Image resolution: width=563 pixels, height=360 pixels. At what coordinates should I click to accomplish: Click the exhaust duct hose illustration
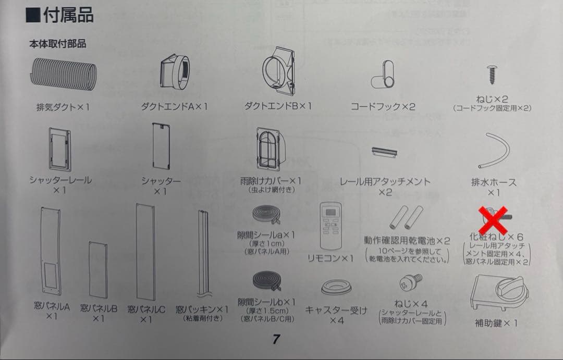click(x=63, y=75)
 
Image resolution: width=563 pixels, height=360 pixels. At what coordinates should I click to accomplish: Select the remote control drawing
click(x=331, y=226)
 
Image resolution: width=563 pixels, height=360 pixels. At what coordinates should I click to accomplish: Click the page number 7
click(x=276, y=339)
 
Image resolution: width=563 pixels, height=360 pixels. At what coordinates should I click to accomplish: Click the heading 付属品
click(x=68, y=15)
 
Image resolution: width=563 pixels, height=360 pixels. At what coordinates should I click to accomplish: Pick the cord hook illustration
click(x=383, y=75)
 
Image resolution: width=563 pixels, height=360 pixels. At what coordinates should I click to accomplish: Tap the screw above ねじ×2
click(x=491, y=75)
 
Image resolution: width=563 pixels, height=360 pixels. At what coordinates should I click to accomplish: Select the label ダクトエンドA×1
click(x=174, y=107)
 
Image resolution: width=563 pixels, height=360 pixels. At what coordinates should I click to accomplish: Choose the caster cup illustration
click(x=336, y=287)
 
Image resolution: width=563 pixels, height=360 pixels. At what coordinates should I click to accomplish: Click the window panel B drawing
click(x=98, y=270)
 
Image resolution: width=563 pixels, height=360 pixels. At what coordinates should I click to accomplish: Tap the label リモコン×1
click(x=331, y=258)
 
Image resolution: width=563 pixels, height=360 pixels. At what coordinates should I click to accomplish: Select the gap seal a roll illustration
click(x=267, y=215)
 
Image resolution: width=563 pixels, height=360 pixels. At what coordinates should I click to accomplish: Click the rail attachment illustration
click(x=385, y=152)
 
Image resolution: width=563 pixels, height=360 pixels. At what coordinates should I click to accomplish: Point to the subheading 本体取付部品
click(x=57, y=44)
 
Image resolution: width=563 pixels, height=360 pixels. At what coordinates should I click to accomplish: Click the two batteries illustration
click(x=406, y=217)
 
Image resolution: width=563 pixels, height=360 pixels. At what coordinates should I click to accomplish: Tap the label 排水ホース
click(x=494, y=182)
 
